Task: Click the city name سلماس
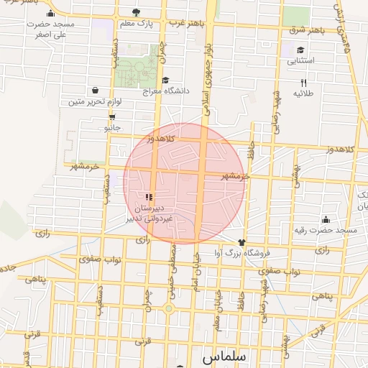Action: click(224, 356)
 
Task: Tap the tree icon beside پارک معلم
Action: click(137, 12)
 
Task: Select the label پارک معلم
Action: click(136, 24)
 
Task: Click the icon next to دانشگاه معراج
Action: click(166, 80)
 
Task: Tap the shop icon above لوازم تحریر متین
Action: click(95, 91)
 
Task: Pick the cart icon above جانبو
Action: click(111, 116)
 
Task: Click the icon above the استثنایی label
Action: click(300, 50)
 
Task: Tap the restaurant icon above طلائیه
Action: click(303, 83)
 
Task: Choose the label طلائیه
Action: click(303, 94)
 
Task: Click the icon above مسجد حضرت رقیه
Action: click(326, 219)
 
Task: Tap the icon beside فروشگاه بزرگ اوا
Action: click(241, 242)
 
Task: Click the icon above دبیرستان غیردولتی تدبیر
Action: click(149, 196)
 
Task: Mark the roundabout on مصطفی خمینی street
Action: click(169, 308)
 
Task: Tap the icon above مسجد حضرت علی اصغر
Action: click(50, 13)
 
